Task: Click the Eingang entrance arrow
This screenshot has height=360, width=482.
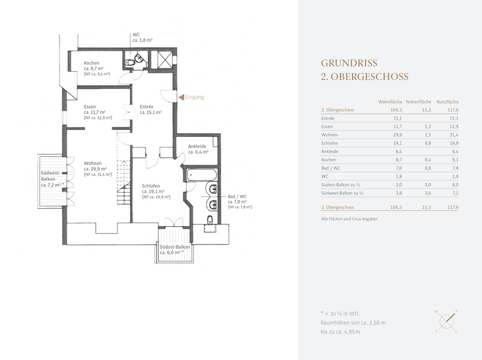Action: click(x=181, y=97)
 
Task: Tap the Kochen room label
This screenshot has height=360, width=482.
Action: click(x=92, y=63)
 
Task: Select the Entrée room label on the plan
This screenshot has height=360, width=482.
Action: click(x=146, y=107)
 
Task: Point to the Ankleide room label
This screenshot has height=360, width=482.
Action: click(x=197, y=146)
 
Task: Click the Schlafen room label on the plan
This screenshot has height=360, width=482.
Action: click(x=151, y=186)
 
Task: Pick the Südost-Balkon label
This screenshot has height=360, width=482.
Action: click(x=174, y=247)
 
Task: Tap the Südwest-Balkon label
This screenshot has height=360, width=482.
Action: click(x=51, y=176)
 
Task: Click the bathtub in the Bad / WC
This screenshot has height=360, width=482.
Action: click(x=201, y=175)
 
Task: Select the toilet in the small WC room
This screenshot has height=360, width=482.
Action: click(x=130, y=62)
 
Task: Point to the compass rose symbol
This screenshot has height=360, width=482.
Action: click(x=446, y=321)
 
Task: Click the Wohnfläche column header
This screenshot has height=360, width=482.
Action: click(x=390, y=102)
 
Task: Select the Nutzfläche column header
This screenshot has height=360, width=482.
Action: click(x=448, y=102)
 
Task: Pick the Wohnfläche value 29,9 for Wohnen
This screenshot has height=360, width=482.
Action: click(x=397, y=135)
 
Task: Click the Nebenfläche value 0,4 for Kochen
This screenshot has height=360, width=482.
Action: click(x=428, y=160)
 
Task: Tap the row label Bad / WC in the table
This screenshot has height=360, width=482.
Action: click(x=331, y=168)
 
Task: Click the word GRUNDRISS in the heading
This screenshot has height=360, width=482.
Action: click(x=349, y=63)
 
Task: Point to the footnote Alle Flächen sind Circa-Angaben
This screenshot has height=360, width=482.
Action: click(x=349, y=219)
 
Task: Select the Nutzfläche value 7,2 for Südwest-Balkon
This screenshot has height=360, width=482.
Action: click(x=455, y=193)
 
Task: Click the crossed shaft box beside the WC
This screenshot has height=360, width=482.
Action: click(x=165, y=59)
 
